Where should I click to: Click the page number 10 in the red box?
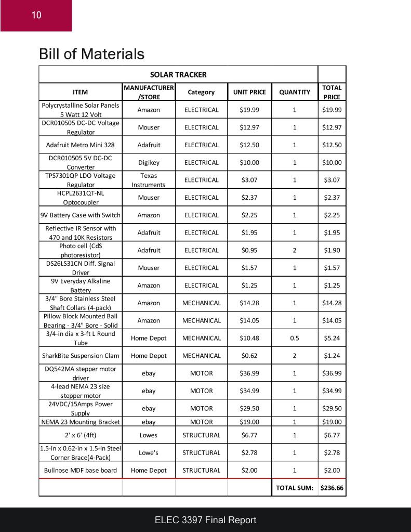36,15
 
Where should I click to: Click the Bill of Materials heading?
91,54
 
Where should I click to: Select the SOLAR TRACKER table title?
178,74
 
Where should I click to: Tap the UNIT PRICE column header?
249,92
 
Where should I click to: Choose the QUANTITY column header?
295,92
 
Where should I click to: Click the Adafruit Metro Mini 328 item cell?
81,145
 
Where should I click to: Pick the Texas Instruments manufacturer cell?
149,180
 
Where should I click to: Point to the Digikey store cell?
149,162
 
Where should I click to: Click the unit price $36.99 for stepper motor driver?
249,373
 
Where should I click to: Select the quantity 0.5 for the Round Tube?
295,338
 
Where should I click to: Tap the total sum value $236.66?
332,488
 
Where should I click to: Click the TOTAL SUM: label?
294,488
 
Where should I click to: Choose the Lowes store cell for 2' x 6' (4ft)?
149,435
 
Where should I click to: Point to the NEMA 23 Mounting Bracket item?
81,422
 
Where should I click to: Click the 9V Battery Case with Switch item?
81,215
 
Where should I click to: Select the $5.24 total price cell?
332,338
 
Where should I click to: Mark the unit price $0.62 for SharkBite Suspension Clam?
249,356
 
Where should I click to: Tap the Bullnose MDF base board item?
81,470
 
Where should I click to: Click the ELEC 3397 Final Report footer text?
205,520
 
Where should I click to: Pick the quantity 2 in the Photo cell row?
295,250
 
